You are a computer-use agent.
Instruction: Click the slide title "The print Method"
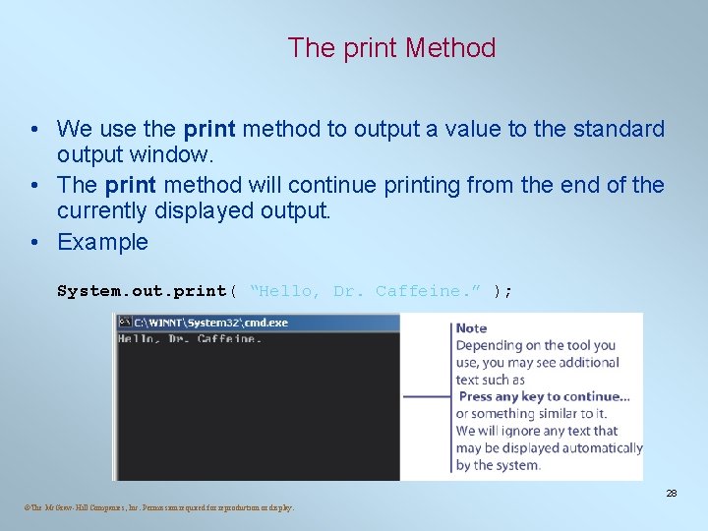click(x=391, y=47)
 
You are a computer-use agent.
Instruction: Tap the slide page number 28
click(x=672, y=493)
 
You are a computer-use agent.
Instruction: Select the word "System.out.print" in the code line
click(x=142, y=291)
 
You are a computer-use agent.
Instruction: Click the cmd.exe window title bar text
click(x=210, y=323)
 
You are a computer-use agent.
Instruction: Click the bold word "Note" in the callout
click(x=471, y=327)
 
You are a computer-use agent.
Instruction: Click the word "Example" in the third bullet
click(x=102, y=242)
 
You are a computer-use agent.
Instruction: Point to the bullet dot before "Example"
click(x=33, y=242)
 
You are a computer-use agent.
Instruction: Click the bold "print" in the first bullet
click(x=208, y=129)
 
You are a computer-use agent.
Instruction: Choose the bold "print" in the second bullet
click(x=131, y=185)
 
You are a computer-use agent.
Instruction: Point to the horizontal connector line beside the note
click(x=428, y=396)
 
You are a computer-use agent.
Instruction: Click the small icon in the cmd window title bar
click(x=125, y=323)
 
